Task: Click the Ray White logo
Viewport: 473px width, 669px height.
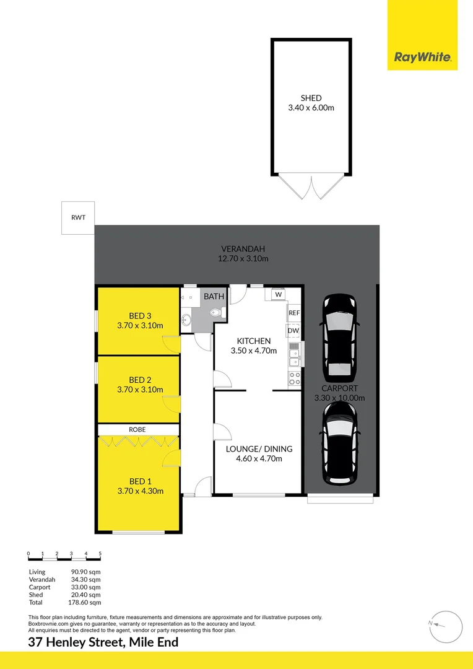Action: [x=422, y=58]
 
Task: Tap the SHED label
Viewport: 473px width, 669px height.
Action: [x=311, y=98]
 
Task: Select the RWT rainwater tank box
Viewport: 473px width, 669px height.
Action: [x=78, y=218]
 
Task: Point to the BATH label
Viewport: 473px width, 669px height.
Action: [x=214, y=297]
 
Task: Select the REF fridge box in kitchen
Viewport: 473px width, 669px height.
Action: [x=294, y=313]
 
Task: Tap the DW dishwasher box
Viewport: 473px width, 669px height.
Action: [x=293, y=331]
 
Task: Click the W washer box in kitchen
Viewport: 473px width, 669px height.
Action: [x=278, y=295]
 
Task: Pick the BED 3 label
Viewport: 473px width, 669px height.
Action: [x=140, y=315]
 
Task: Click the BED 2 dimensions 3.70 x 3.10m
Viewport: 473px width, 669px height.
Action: [x=140, y=390]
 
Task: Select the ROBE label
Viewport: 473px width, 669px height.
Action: [x=137, y=429]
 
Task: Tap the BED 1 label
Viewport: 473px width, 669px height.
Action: [x=140, y=481]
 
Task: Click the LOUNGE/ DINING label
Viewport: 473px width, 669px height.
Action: [x=259, y=449]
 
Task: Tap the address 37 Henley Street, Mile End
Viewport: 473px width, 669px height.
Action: [x=103, y=642]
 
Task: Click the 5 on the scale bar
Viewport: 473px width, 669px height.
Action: [x=100, y=553]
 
